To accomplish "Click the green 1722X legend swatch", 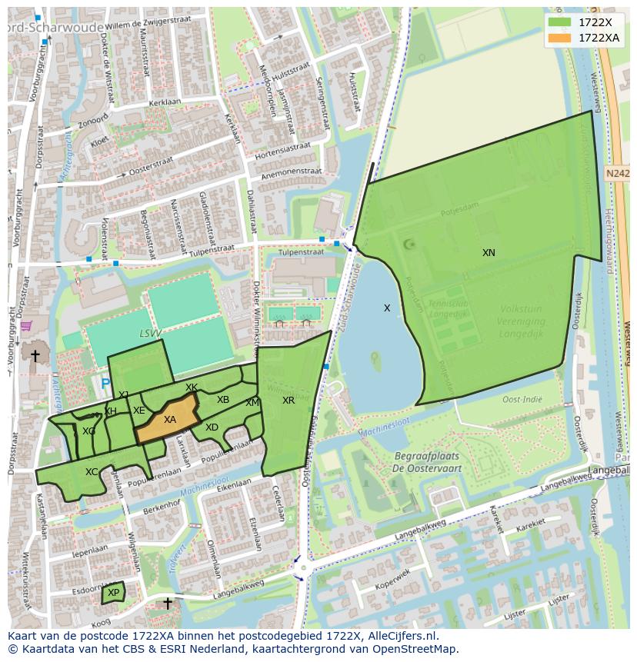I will (x=560, y=22).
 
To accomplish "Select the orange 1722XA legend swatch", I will (x=560, y=38).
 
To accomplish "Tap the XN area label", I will (x=489, y=253).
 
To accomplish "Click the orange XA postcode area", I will (x=169, y=420).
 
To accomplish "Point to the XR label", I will (x=288, y=401).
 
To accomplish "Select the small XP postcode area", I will (x=113, y=593).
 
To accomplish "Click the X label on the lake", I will (x=387, y=308).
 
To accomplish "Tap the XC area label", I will (x=92, y=472).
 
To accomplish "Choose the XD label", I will (x=212, y=427).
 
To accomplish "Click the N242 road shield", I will (x=617, y=174).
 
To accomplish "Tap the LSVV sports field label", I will (x=151, y=334).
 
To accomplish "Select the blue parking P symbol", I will (x=105, y=383).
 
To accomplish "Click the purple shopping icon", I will (x=26, y=327).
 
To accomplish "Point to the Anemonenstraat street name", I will (x=291, y=174).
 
